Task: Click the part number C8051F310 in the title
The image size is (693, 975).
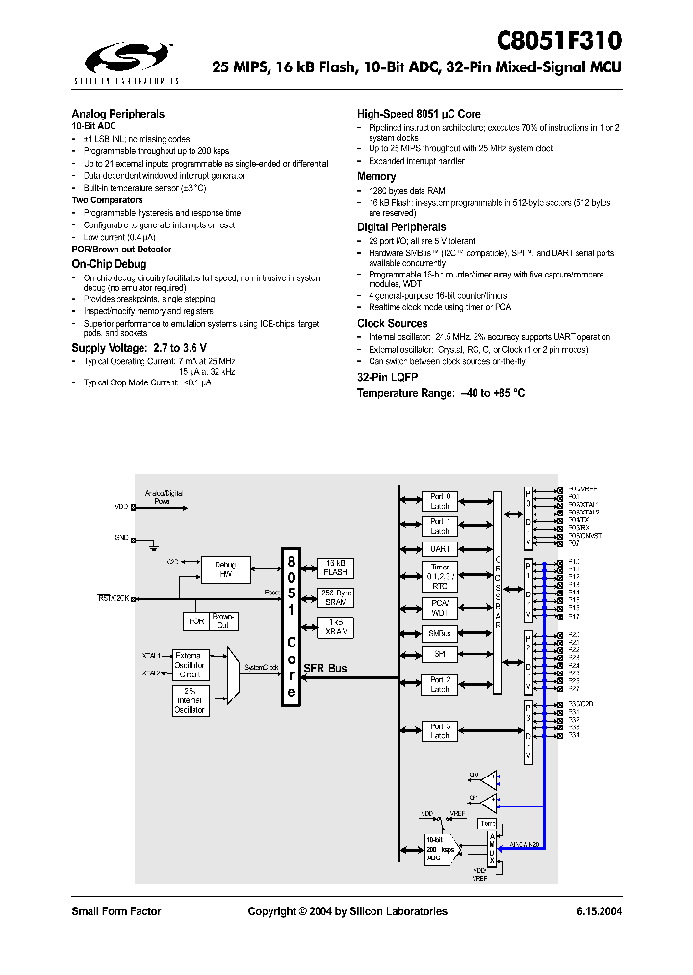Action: tap(559, 40)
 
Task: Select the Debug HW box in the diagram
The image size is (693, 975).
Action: tap(225, 570)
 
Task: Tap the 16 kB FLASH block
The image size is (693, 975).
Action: tap(334, 566)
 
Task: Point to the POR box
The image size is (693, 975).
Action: tap(197, 621)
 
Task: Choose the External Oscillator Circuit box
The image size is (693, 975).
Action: tap(191, 664)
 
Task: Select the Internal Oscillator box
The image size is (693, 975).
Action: tap(191, 700)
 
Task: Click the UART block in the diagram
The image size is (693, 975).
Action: tap(440, 549)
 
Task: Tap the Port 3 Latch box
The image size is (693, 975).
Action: tap(440, 731)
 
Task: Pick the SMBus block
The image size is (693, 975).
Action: tap(440, 633)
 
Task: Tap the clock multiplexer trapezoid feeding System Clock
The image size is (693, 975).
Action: tap(231, 668)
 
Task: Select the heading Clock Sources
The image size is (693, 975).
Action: tap(392, 323)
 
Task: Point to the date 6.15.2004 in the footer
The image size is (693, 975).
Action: tap(599, 911)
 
